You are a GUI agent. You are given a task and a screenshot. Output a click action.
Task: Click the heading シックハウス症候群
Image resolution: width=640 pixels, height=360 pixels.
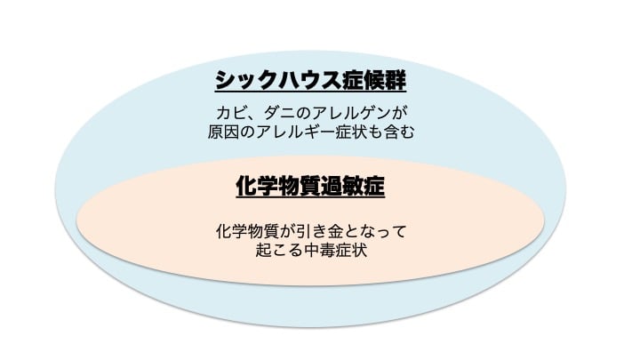click(310, 80)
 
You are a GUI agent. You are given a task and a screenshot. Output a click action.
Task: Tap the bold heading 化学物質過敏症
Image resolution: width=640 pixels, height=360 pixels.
click(310, 186)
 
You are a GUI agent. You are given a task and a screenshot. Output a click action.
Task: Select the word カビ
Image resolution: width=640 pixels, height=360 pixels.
click(232, 113)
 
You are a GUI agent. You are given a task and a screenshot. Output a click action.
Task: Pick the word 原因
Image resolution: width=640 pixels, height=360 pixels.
click(224, 132)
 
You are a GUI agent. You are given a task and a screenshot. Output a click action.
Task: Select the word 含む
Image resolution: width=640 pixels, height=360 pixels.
click(399, 132)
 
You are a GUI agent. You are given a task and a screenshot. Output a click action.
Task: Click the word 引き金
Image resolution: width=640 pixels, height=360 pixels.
click(320, 231)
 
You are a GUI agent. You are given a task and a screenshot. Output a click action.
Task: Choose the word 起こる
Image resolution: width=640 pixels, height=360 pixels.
click(279, 250)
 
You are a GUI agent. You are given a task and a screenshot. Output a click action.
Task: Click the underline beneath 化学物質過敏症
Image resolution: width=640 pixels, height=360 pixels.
click(310, 197)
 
